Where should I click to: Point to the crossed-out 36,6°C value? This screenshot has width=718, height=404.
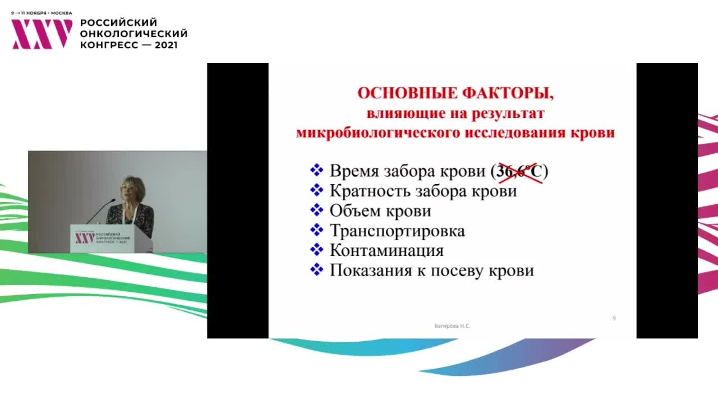click(x=519, y=171)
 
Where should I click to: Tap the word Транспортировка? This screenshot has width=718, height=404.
click(x=397, y=231)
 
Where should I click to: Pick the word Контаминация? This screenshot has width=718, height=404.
click(x=386, y=250)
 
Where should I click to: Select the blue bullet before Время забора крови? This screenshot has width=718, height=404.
click(x=317, y=170)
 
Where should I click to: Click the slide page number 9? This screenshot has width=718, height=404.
click(x=614, y=318)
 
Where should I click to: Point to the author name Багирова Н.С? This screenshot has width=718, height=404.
click(x=453, y=325)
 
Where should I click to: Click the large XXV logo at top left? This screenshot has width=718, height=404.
click(x=42, y=34)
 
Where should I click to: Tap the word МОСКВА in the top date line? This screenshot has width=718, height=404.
click(x=61, y=13)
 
